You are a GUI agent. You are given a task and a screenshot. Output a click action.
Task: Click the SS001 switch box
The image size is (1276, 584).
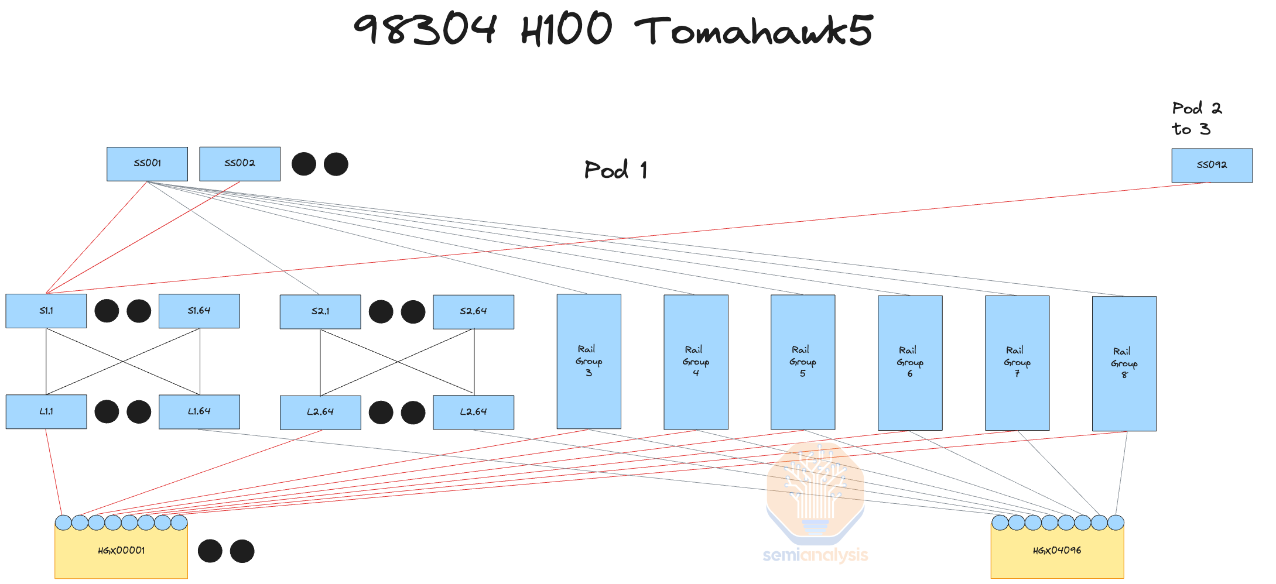[147, 164]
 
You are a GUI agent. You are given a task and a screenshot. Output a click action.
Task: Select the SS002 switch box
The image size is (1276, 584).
[240, 164]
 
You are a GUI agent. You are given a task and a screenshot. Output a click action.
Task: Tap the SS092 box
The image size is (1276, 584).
[1212, 166]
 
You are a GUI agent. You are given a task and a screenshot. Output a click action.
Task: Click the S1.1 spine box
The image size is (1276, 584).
[46, 311]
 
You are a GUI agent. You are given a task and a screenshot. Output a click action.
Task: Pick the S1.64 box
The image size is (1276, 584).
[199, 311]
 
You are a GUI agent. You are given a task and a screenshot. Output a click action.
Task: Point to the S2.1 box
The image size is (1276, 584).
[320, 312]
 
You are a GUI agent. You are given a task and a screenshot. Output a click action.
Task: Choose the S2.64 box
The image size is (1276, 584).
[473, 312]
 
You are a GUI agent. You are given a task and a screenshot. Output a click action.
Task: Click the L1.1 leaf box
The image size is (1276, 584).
[46, 412]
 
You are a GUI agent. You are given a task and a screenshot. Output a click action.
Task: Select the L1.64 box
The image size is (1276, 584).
[199, 412]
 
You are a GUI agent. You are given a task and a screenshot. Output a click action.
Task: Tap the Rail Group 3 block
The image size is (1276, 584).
[589, 361]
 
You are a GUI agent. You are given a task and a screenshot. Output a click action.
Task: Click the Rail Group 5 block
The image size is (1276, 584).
[803, 362]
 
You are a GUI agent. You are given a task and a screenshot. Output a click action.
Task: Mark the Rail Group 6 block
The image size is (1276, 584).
[910, 362]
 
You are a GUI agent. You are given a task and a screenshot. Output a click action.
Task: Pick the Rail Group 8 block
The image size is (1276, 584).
[1124, 363]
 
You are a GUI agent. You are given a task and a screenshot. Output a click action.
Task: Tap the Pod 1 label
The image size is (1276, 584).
[615, 170]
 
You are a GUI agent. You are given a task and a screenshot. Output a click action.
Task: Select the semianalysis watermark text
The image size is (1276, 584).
[815, 555]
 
